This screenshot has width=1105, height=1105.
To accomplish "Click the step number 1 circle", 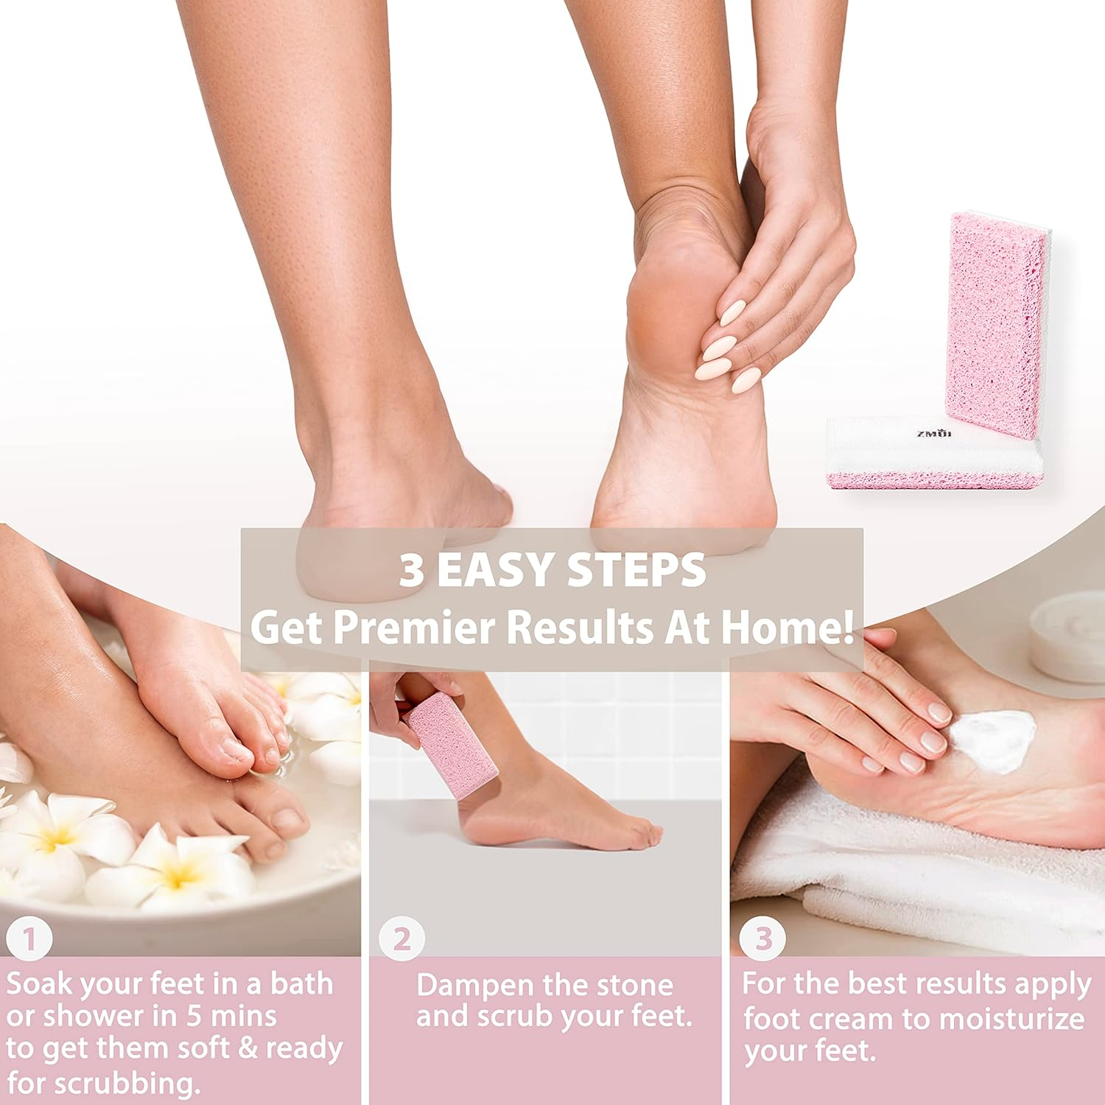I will [29, 939].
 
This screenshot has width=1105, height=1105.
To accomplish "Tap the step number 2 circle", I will [401, 939].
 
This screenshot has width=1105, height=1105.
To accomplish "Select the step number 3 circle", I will [762, 939].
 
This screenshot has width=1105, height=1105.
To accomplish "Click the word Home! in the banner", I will [787, 628].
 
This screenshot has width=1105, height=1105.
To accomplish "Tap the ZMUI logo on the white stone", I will [933, 434].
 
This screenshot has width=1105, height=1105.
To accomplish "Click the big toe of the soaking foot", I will [284, 825].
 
